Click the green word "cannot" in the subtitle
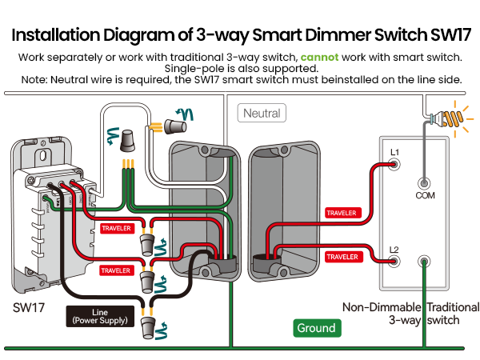319,58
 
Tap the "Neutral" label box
262,114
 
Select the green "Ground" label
316,328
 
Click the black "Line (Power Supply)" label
99,316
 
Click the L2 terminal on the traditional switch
394,262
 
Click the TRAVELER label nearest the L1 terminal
342,213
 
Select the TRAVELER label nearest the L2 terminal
342,256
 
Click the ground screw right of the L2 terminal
424,261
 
